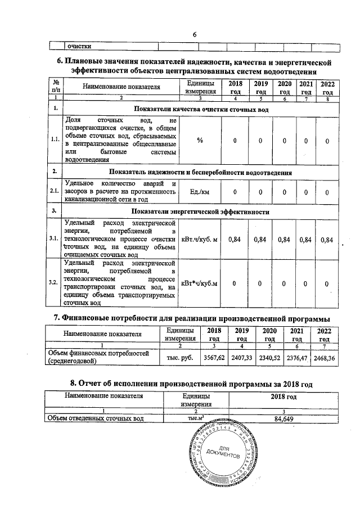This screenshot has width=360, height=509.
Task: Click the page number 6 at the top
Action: tap(194, 35)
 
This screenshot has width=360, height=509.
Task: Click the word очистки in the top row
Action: tap(80, 47)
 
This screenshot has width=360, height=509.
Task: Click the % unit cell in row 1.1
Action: tap(200, 140)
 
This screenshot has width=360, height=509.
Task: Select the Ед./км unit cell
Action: tap(200, 192)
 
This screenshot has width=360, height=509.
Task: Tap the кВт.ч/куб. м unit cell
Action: tap(200, 240)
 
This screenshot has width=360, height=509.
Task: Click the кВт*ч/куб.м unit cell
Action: tap(200, 283)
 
